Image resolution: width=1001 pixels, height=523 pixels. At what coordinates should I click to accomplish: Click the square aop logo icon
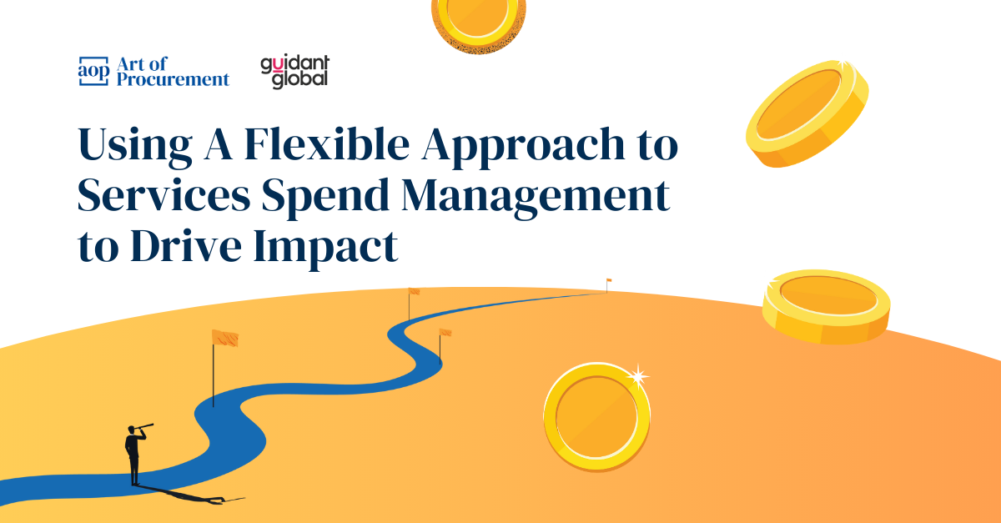pos(93,71)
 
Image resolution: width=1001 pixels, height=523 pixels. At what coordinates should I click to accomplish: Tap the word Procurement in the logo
pos(173,79)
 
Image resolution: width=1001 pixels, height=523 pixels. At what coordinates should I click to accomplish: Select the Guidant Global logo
pos(295,72)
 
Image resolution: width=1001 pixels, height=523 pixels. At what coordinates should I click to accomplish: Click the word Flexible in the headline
pos(327,143)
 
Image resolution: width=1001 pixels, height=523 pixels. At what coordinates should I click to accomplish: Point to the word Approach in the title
pos(523,147)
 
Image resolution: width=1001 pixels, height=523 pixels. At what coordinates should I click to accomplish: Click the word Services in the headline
pos(163,195)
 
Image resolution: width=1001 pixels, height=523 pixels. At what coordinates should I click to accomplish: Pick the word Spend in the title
pos(326,198)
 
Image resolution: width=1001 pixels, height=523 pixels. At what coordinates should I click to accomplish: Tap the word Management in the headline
pos(536,198)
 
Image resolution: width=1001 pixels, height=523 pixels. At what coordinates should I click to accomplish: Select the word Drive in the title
pos(186,245)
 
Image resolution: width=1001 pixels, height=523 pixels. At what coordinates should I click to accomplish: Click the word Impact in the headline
pos(325,249)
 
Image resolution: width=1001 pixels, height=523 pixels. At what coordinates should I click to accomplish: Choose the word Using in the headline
pos(135,147)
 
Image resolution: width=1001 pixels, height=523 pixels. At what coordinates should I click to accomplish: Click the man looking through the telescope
pos(134,455)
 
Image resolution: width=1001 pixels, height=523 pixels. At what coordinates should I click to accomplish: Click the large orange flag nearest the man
pos(224,339)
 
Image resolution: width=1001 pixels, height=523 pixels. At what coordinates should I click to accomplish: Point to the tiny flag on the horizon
pos(609,280)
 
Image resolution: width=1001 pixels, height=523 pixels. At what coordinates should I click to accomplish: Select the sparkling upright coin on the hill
pos(597,416)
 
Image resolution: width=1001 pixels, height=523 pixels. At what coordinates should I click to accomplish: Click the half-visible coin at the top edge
pos(478,23)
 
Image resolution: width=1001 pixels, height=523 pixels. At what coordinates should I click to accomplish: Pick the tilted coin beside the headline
pos(807,113)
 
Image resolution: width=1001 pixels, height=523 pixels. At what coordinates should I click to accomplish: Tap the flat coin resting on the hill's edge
pos(827,306)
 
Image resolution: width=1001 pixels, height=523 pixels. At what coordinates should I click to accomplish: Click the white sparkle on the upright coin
pos(638,376)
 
